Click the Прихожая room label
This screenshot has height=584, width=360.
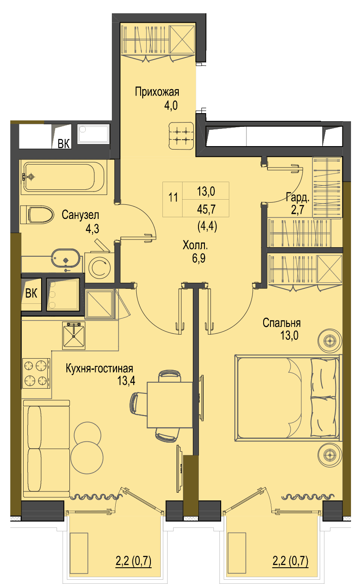pyautogui.click(x=157, y=92)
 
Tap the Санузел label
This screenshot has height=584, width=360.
pyautogui.click(x=80, y=215)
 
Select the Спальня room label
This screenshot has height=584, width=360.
pyautogui.click(x=282, y=323)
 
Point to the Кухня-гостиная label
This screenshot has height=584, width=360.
pyautogui.click(x=99, y=368)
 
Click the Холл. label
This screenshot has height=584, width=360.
pyautogui.click(x=195, y=246)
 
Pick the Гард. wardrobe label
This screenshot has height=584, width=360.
pyautogui.click(x=298, y=198)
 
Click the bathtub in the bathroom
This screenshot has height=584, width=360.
pyautogui.click(x=64, y=177)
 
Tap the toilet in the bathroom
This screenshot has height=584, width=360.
pyautogui.click(x=37, y=214)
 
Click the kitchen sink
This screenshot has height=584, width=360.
pyautogui.click(x=74, y=335)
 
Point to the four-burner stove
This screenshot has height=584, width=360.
pyautogui.click(x=36, y=373)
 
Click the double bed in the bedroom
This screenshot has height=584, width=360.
pyautogui.click(x=288, y=398)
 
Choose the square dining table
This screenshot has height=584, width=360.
pyautogui.click(x=170, y=405)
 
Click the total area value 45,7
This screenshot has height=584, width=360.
pyautogui.click(x=206, y=209)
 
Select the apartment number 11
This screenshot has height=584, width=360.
pyautogui.click(x=173, y=198)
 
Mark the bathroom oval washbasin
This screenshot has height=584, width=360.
pyautogui.click(x=66, y=258)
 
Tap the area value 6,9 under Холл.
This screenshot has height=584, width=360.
pyautogui.click(x=198, y=258)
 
